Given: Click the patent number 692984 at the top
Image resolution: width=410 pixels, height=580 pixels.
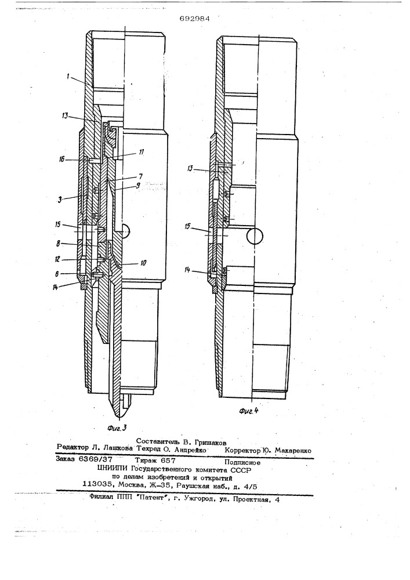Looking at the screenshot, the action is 194,19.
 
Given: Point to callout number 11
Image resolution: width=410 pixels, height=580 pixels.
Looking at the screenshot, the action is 141,151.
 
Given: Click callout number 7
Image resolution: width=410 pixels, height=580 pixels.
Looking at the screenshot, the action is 140,176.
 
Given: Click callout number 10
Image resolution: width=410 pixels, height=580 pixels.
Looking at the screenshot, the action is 143,263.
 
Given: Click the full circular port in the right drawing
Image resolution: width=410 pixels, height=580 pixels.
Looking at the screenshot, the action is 256,236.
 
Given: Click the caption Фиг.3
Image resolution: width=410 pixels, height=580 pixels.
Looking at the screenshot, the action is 117,428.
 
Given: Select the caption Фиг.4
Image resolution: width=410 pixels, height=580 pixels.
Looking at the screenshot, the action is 248,411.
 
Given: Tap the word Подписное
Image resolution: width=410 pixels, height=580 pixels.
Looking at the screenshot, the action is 242,462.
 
